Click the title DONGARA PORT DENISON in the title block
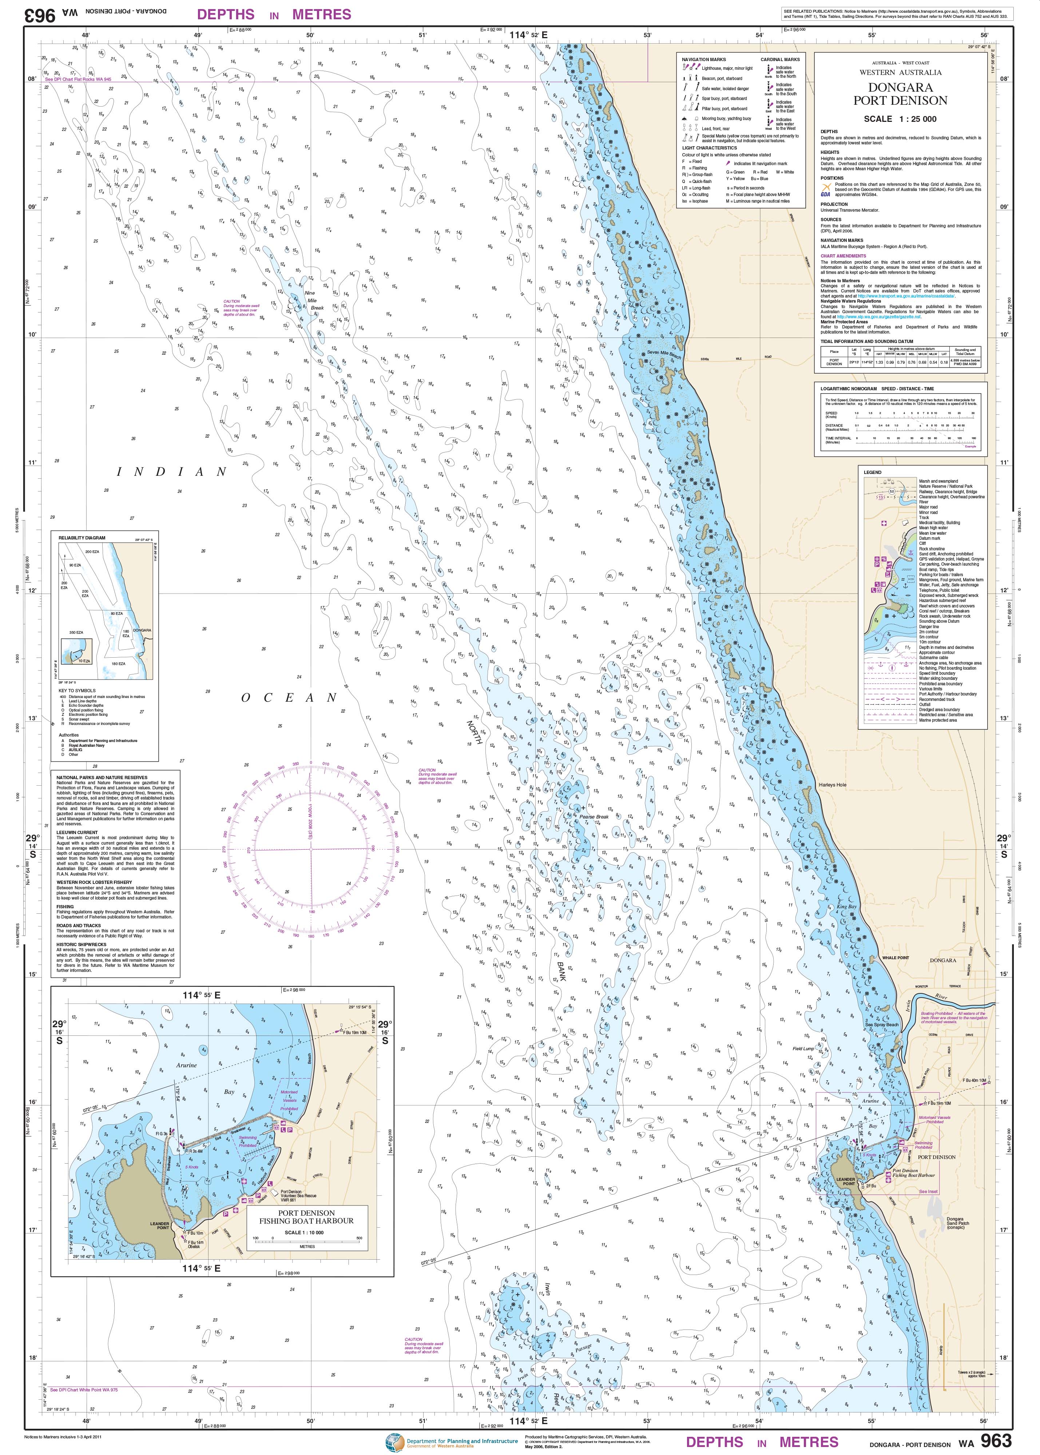[900, 94]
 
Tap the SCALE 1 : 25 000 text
[900, 119]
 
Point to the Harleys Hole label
[833, 785]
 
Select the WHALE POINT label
[895, 958]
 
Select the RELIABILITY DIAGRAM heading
[82, 538]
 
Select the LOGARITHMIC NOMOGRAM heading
[877, 388]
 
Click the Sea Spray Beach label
[882, 1025]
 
